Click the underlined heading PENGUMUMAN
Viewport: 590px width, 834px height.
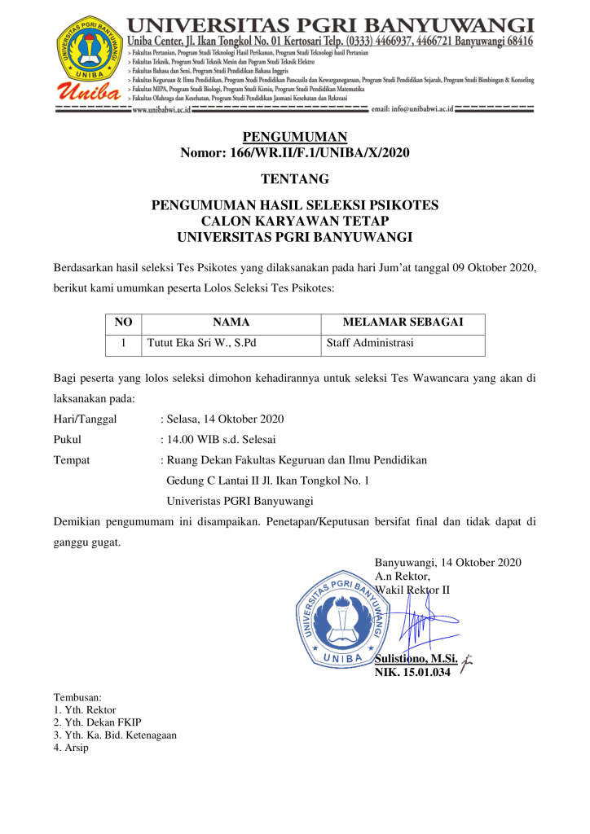294,137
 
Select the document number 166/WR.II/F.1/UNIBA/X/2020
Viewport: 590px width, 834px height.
294,152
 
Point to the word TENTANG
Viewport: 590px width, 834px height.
294,179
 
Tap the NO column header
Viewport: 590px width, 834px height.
123,323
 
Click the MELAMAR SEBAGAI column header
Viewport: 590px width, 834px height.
403,323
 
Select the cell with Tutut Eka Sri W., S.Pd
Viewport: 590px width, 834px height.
201,343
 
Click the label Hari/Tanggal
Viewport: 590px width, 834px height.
85,419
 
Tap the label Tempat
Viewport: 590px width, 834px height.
72,460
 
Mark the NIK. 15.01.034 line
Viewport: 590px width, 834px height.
412,673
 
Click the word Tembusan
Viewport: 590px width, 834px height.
77,697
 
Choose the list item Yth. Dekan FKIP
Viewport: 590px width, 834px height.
102,722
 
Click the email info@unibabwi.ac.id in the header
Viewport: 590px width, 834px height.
412,109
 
